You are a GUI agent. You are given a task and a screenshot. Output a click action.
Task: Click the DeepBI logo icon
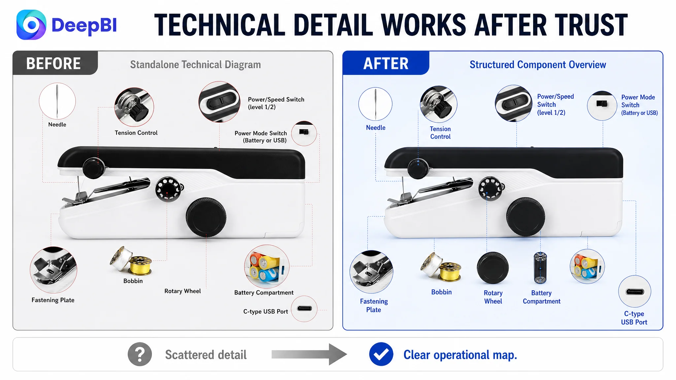(31, 25)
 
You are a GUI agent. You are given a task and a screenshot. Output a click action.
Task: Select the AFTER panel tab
(386, 63)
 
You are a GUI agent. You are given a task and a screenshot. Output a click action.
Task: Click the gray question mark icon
(140, 354)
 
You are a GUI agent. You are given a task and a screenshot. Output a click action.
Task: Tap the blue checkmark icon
(381, 354)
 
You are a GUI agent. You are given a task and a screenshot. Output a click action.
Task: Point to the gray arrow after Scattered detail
(309, 354)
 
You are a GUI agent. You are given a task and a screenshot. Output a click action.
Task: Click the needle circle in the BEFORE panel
(57, 101)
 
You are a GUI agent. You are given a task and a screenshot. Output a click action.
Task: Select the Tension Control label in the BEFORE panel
(136, 133)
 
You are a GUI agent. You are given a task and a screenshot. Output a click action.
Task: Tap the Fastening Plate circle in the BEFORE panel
(53, 270)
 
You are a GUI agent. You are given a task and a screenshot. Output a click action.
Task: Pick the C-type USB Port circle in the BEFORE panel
(304, 309)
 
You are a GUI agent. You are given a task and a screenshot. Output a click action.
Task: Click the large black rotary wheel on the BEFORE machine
(206, 217)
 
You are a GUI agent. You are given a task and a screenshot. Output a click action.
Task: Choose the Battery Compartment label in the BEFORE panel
(264, 293)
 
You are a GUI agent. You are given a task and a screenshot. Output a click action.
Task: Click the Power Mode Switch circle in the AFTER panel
(602, 106)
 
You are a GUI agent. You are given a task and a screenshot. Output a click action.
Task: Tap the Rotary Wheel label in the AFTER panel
(493, 297)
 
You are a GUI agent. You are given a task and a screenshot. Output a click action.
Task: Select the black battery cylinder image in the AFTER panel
(540, 268)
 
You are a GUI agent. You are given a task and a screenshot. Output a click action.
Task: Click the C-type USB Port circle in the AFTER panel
(634, 292)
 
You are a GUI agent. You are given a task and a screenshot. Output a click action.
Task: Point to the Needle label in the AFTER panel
(376, 128)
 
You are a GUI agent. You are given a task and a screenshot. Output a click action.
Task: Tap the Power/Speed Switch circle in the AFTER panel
(514, 104)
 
